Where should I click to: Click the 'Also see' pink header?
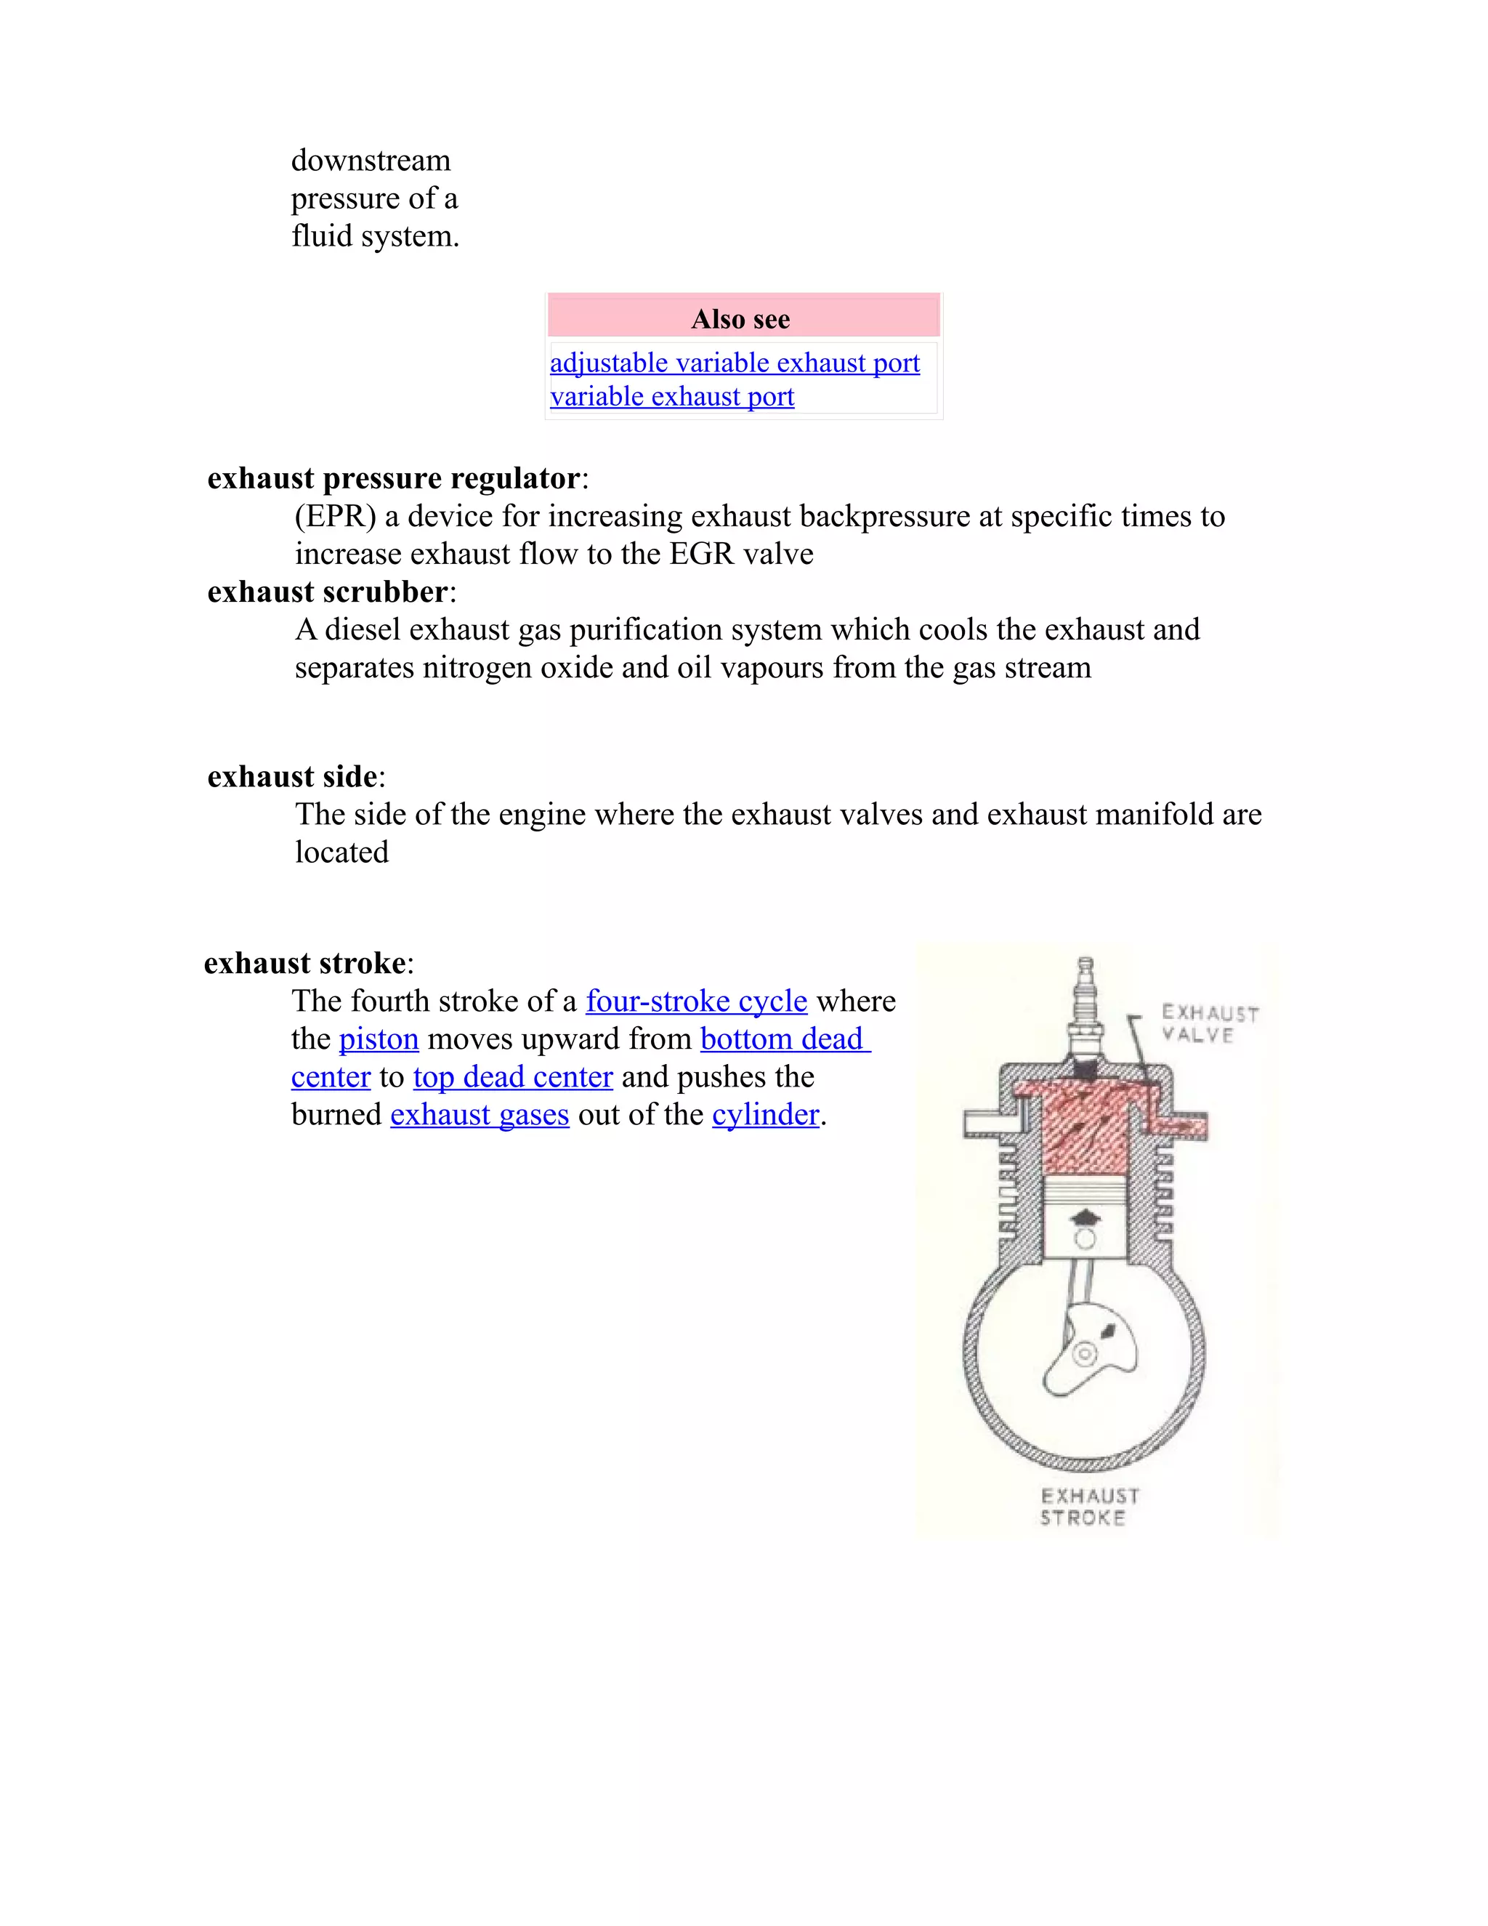tap(743, 318)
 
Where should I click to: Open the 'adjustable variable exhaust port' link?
tap(735, 363)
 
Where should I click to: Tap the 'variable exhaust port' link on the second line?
tap(672, 397)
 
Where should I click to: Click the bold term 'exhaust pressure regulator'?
tap(394, 478)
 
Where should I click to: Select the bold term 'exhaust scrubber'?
tap(328, 592)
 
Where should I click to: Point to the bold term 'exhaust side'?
tap(293, 776)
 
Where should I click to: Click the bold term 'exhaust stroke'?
tap(305, 962)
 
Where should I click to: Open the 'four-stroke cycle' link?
tap(696, 1001)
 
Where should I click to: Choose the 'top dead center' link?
tap(512, 1077)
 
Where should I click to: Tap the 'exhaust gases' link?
tap(480, 1115)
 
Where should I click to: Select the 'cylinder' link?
tap(765, 1115)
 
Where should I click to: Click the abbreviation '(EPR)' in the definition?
tap(335, 516)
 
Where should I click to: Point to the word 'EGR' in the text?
tap(701, 554)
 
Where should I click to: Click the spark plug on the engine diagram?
tap(1086, 1014)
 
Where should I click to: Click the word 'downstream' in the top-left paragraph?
tap(371, 161)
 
